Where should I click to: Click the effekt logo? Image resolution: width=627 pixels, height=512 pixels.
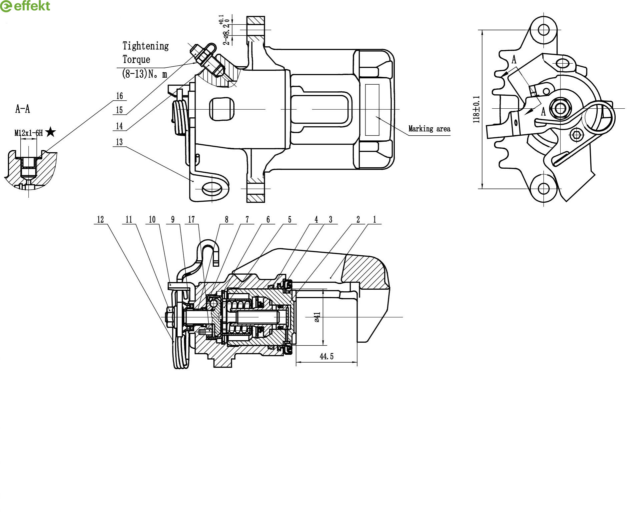(x=25, y=6)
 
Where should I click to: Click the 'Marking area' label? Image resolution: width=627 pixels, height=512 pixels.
(x=429, y=129)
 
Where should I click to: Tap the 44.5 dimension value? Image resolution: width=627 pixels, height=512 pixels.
(x=326, y=356)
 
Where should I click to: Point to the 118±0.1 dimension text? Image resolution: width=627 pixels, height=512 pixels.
(x=476, y=109)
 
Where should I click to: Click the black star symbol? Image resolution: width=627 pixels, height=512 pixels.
(x=51, y=132)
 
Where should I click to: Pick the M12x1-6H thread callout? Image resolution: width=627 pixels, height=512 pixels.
(x=29, y=133)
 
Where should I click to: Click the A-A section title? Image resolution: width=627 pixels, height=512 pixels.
(x=23, y=109)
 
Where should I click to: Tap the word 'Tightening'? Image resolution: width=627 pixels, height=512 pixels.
(x=146, y=46)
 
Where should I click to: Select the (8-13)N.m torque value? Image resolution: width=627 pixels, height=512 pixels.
(x=145, y=74)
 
